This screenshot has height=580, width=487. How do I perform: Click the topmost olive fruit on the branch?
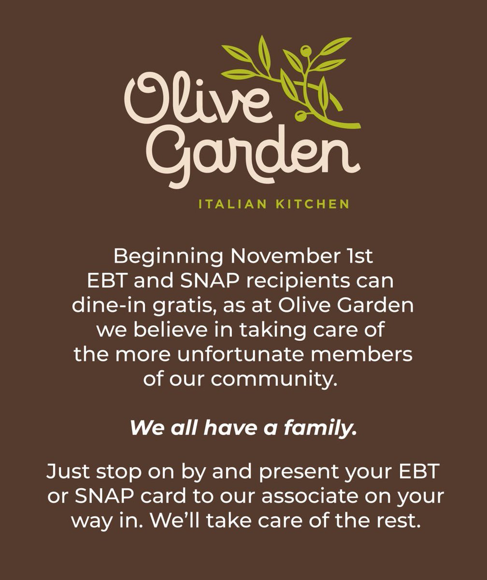click(305, 50)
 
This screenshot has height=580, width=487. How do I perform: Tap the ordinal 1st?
click(361, 256)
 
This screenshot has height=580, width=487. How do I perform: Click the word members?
click(372, 354)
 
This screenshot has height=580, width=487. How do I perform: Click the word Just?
click(66, 471)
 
